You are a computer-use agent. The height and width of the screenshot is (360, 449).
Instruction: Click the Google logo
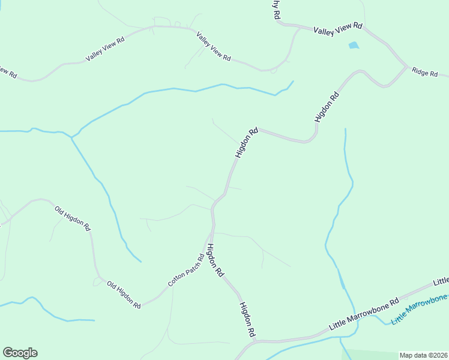point(20,353)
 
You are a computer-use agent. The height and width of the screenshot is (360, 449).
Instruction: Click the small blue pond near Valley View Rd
point(354,45)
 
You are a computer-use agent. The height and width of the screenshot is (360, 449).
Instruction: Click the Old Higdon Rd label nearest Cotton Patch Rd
point(124,294)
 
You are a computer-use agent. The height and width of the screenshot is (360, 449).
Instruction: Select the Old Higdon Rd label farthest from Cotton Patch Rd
point(72,219)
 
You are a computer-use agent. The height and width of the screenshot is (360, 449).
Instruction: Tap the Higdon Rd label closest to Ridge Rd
point(327,107)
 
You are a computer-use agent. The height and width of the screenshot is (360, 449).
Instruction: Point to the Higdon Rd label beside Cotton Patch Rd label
point(215,260)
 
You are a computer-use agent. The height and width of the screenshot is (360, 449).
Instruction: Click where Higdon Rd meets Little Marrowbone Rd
point(255,343)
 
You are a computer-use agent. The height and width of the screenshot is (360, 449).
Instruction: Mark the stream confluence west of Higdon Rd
point(71,137)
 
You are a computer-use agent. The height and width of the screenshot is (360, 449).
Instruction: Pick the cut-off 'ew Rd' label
point(7,71)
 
